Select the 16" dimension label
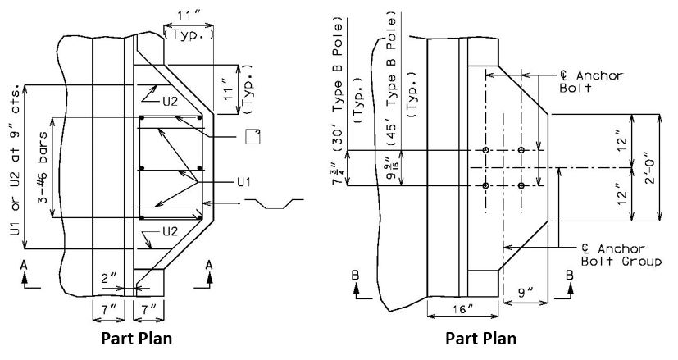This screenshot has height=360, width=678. tap(462, 309)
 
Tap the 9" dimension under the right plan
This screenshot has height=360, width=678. tap(526, 294)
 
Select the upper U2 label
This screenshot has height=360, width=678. tap(170, 103)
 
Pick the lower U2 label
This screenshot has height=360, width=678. tap(170, 231)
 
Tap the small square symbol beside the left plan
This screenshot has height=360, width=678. tap(253, 136)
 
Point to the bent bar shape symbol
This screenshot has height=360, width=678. tap(274, 203)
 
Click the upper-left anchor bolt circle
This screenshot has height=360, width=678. tap(485, 150)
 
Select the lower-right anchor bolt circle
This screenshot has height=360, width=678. tap(521, 185)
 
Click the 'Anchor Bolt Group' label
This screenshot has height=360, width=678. tap(621, 255)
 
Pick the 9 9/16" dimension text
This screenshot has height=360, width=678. tap(393, 169)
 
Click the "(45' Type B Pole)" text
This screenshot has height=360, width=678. tap(392, 81)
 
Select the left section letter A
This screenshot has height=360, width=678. tap(25, 264)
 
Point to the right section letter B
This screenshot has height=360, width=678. tap(570, 276)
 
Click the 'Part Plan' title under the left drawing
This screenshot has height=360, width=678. tap(137, 339)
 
